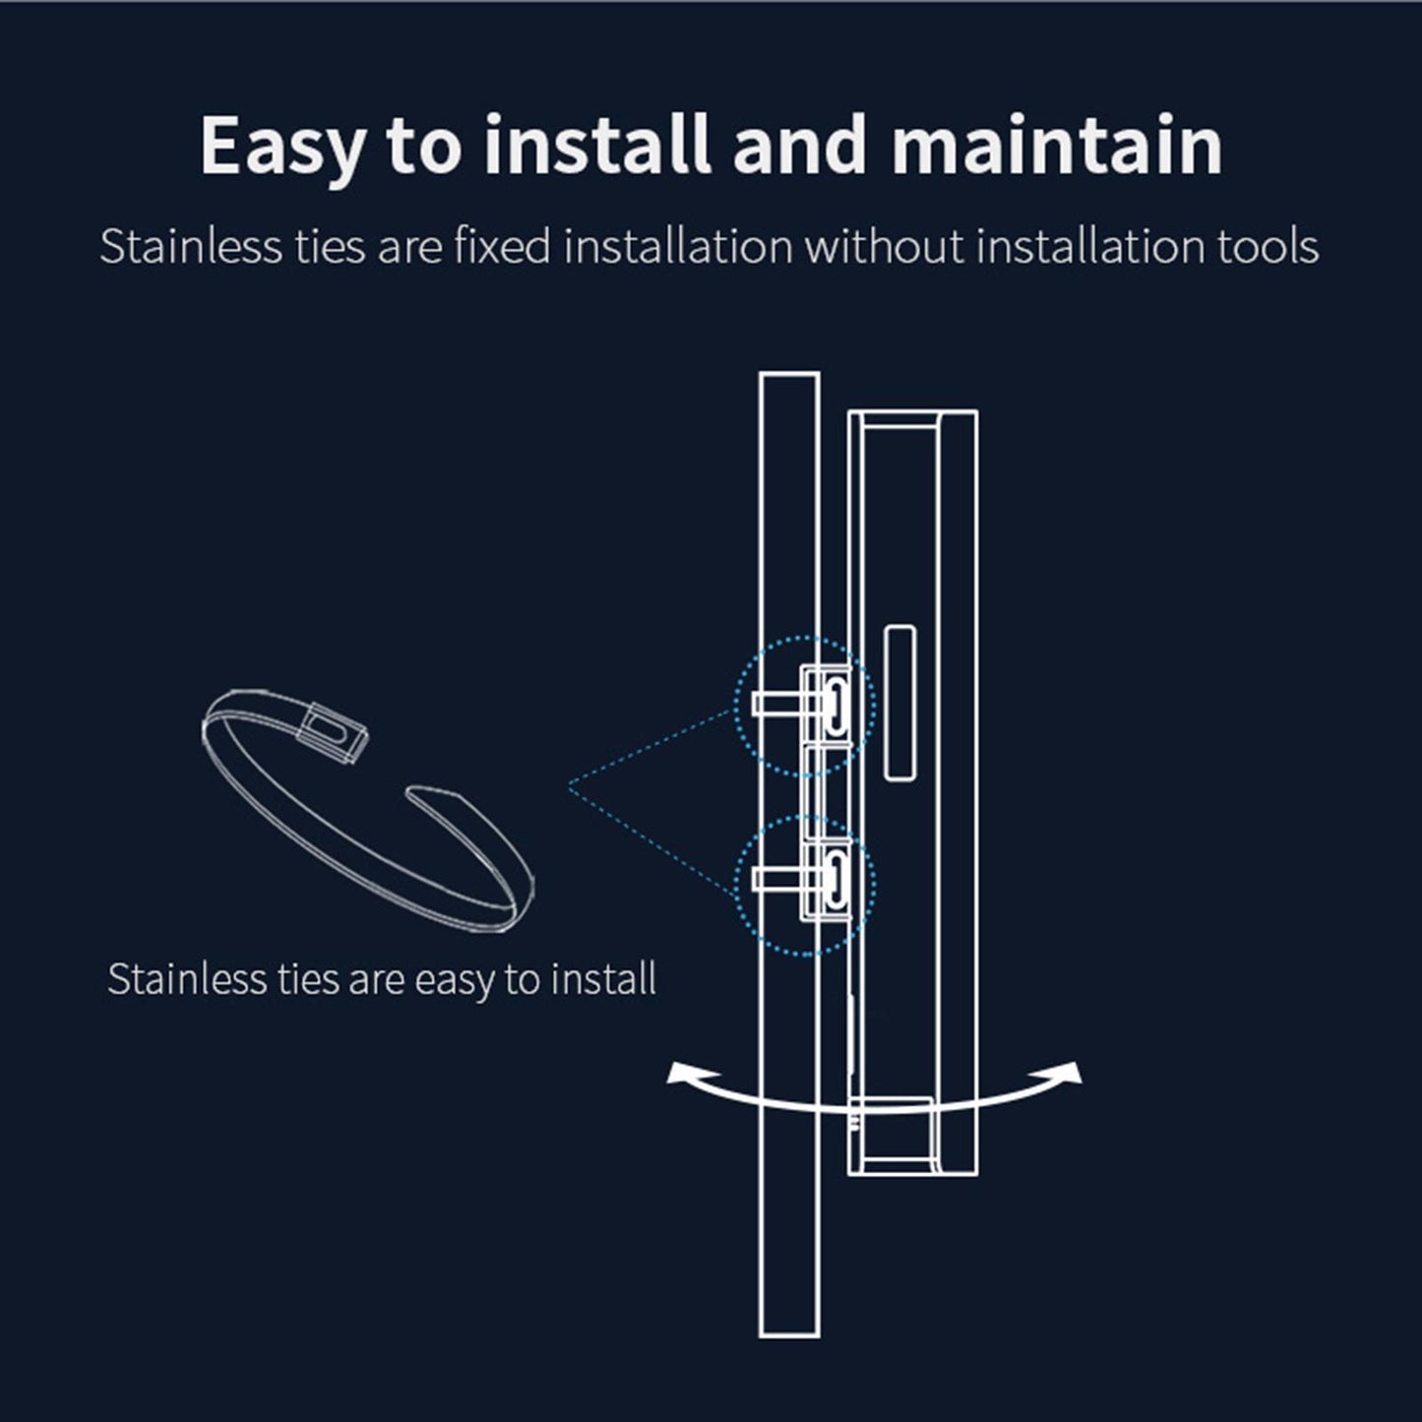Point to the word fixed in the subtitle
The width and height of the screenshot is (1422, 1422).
tap(502, 246)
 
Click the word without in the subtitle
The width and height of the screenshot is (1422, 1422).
tap(884, 246)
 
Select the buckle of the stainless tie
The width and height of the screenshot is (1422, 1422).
tap(333, 731)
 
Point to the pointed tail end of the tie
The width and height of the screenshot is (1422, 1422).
tap(408, 792)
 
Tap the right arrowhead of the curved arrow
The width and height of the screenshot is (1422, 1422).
tap(1067, 1072)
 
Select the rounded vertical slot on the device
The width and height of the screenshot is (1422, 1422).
tap(900, 703)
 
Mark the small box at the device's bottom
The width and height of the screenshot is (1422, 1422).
tap(893, 1135)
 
